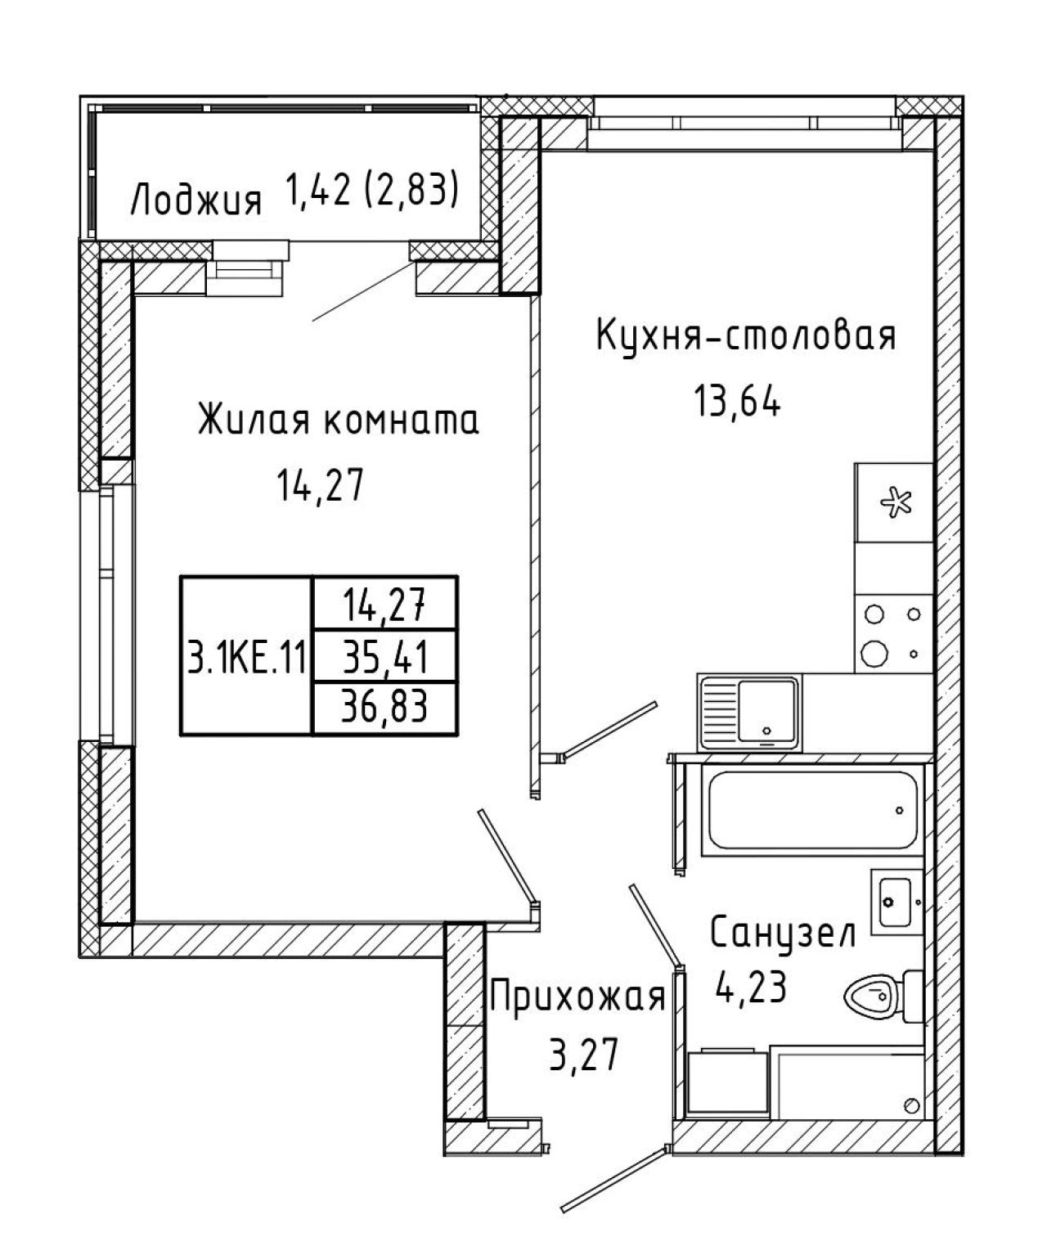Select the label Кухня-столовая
[746, 336]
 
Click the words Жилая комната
[339, 421]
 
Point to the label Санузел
[783, 933]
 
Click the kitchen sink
[750, 712]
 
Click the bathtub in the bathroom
[812, 810]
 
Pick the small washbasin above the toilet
[896, 901]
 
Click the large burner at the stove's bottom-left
[874, 652]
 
